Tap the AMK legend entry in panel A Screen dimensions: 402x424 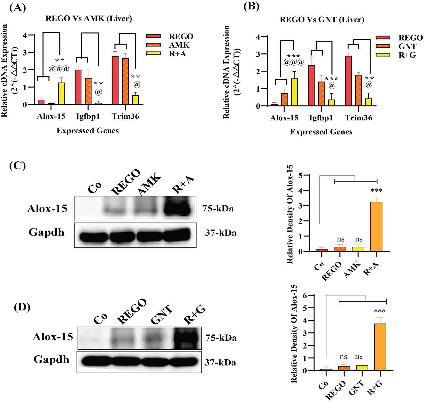(x=179, y=45)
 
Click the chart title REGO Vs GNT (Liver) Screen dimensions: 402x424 (x=322, y=20)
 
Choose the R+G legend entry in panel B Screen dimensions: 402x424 (x=407, y=55)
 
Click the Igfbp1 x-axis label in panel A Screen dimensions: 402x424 (x=88, y=116)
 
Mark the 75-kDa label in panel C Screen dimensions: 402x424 (x=218, y=209)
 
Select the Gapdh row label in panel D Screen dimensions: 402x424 (x=51, y=359)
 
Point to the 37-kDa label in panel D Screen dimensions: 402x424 (x=220, y=362)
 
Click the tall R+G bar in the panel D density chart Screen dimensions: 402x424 (x=380, y=347)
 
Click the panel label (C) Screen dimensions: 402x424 (x=18, y=166)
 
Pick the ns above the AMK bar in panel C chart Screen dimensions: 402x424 (x=359, y=239)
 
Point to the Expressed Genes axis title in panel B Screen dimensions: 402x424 (x=321, y=132)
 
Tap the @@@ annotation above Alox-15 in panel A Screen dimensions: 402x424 (x=59, y=69)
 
